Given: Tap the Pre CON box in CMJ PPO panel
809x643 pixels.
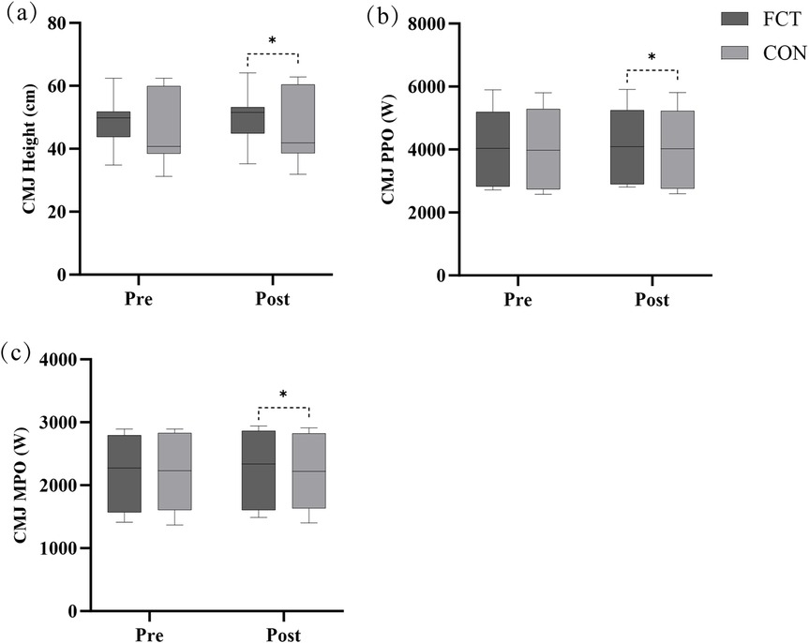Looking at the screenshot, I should click(x=542, y=149).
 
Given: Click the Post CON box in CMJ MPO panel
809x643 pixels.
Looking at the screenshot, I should click(x=308, y=471).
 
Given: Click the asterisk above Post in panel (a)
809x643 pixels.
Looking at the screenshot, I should click(x=272, y=41).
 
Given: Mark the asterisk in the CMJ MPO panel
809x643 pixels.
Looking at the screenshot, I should click(x=283, y=396).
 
